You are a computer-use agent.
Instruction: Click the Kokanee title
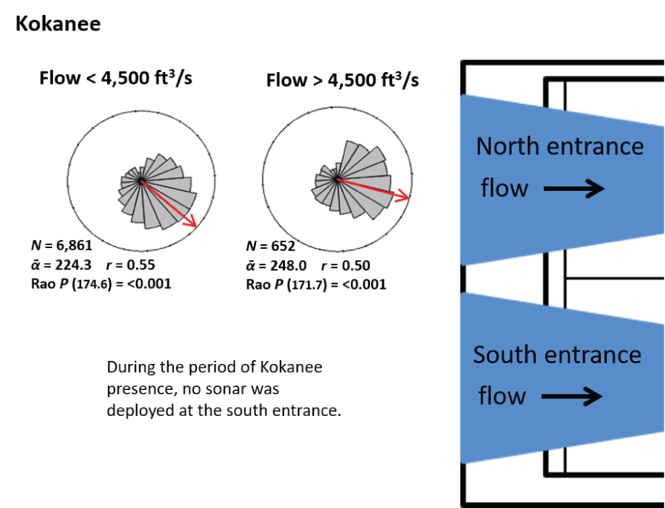coord(58,24)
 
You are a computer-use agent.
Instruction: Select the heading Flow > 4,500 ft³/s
coord(342,79)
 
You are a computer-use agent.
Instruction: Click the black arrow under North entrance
coord(574,189)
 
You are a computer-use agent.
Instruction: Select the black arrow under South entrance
coord(571,397)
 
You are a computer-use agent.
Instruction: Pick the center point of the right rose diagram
coord(337,180)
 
